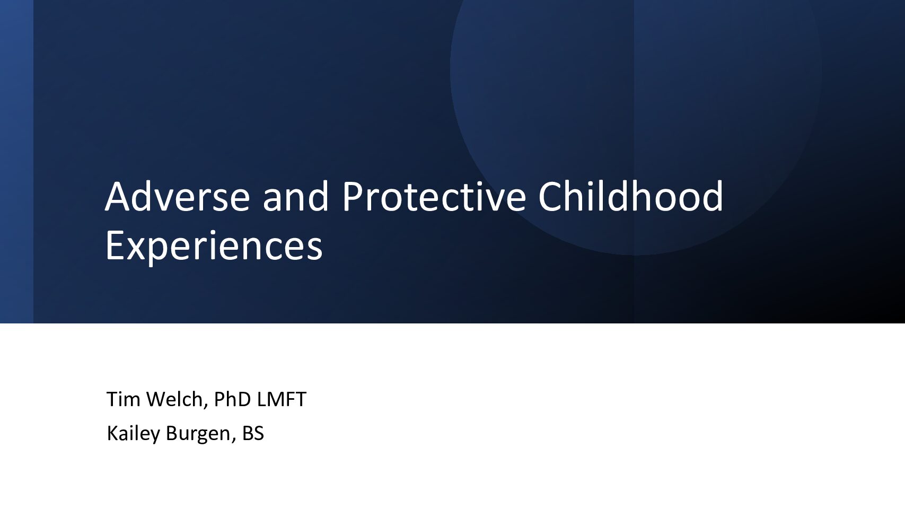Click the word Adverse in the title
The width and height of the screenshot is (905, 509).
pos(178,197)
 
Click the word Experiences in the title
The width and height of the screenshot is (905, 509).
pos(214,245)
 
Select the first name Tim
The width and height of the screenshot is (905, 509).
pos(123,399)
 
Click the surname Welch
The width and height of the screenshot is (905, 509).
pos(174,399)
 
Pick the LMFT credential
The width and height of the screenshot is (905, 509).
pos(282,399)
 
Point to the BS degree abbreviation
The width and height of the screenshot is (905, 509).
pos(253,433)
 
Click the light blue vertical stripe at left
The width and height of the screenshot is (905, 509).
pos(16,162)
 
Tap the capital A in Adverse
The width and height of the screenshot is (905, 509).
pos(117,197)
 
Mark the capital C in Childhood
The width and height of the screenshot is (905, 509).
pos(550,197)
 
